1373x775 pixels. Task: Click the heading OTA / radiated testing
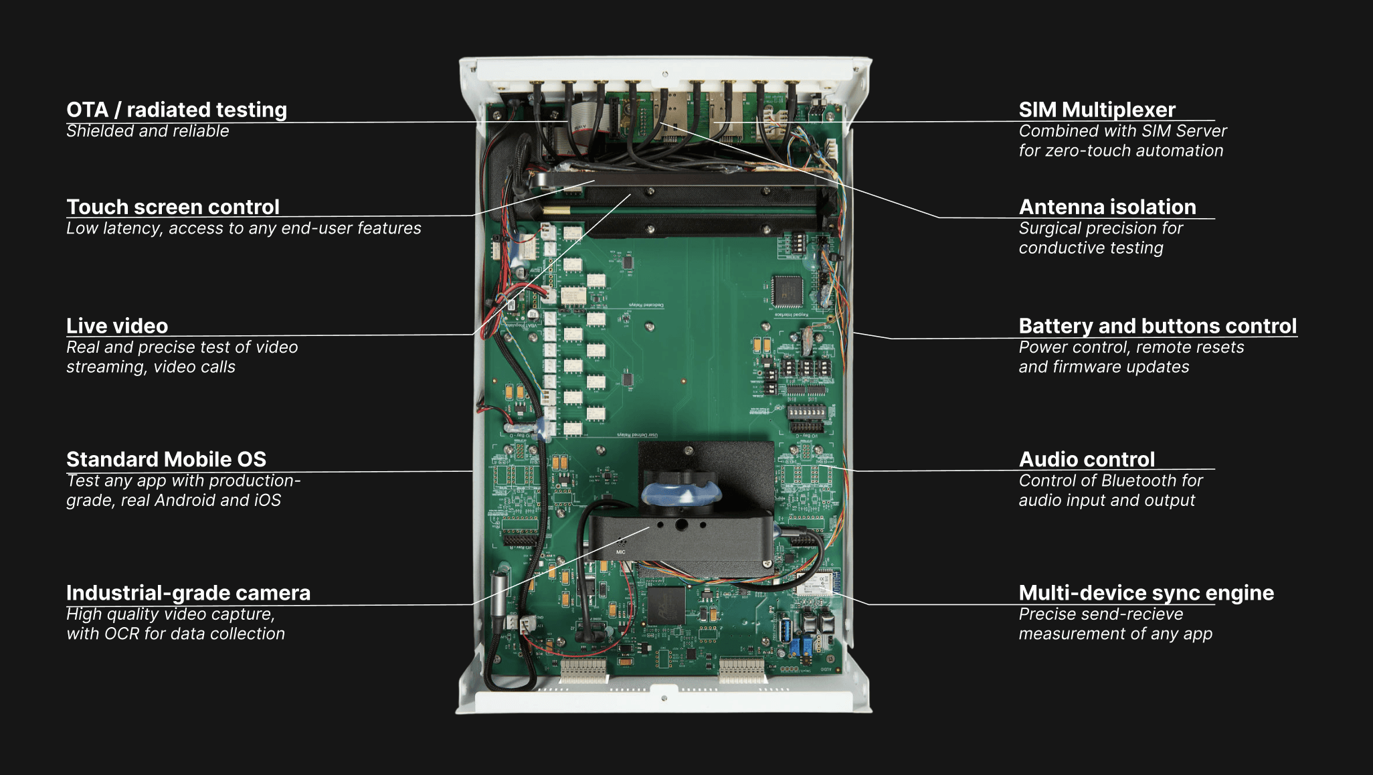(177, 110)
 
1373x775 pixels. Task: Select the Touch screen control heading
(173, 207)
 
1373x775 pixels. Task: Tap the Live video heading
(117, 326)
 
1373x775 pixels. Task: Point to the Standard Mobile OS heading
(166, 459)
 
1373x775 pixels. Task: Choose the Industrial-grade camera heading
(188, 593)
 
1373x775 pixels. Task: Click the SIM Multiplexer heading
(1097, 110)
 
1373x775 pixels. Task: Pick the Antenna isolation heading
(1107, 207)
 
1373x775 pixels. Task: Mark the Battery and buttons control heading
(1158, 326)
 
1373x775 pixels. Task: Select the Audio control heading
(1087, 459)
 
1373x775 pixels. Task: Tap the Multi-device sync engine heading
(1146, 593)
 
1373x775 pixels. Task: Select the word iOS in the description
(267, 501)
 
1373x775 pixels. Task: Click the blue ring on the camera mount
(681, 495)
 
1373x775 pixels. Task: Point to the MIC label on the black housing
(620, 552)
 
